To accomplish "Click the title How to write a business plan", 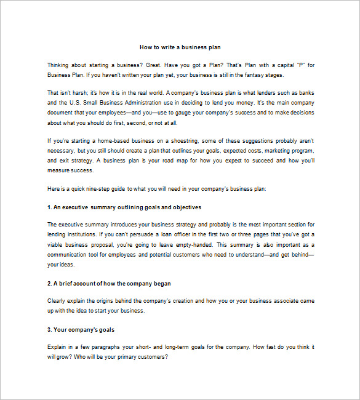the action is coord(180,47).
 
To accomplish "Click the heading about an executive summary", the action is coord(124,207).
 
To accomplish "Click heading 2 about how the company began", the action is coord(109,283).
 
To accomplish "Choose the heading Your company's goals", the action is coord(81,329).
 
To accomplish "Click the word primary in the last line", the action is coord(122,357).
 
